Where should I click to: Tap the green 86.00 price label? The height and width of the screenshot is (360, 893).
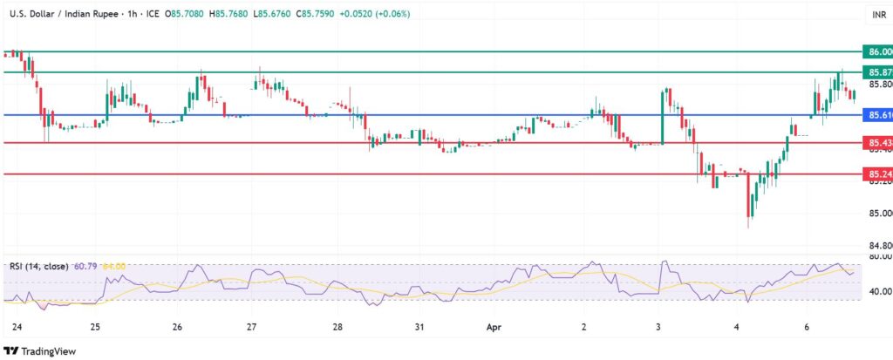875,52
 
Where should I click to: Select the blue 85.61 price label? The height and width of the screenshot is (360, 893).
875,114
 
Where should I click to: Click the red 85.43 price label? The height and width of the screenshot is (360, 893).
875,142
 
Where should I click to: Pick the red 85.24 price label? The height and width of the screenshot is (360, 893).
875,174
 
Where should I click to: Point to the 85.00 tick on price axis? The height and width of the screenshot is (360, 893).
876,214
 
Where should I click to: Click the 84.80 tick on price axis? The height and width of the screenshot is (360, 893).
876,245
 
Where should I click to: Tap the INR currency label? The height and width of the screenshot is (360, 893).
878,15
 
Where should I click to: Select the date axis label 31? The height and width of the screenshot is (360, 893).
419,328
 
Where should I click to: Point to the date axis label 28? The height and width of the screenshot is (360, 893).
337,328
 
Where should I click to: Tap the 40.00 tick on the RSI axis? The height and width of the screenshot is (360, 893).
876,291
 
